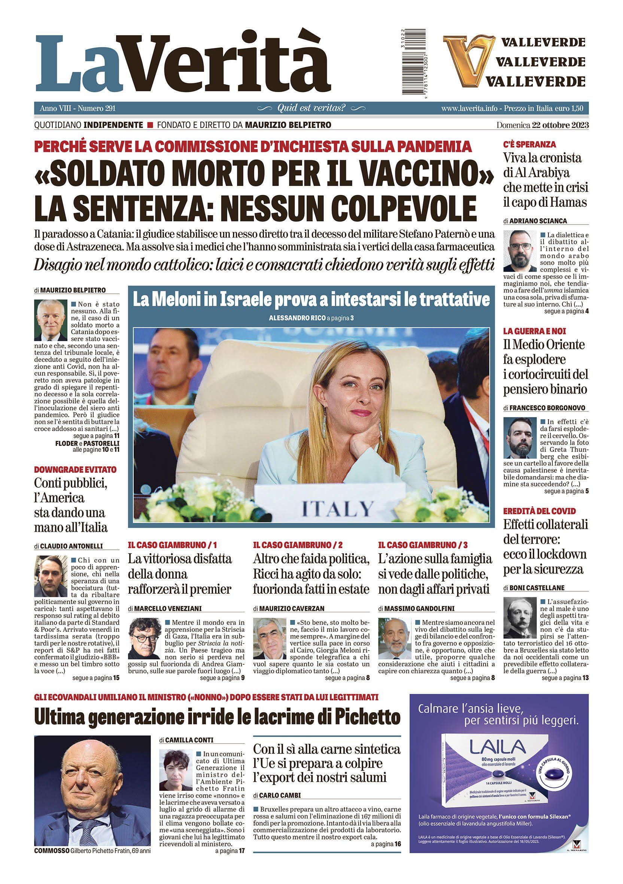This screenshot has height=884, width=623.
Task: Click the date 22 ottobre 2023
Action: [x=560, y=125]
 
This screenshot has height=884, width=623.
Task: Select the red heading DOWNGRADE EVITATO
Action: [x=75, y=470]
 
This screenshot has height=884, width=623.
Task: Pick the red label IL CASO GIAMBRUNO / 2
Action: [x=298, y=545]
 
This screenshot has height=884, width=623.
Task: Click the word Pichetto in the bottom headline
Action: [x=362, y=717]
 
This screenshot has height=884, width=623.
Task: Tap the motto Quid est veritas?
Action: [x=311, y=109]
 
